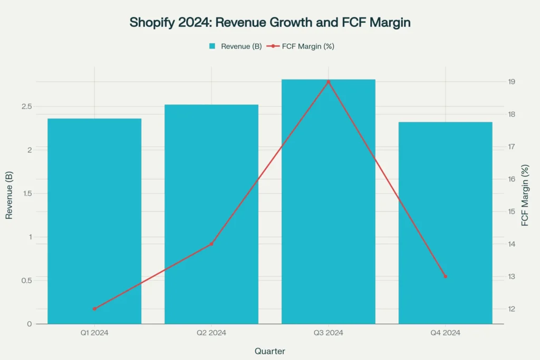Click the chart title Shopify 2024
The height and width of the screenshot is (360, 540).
coord(269,23)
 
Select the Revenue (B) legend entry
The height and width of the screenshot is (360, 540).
coord(235,46)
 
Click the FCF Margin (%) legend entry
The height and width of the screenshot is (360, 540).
coord(301,46)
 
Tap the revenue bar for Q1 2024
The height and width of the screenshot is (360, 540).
coord(94,221)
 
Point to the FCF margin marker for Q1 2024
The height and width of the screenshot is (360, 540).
coord(94,309)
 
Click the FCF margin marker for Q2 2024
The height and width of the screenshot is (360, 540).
coord(211,244)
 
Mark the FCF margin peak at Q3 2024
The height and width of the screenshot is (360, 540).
coord(328,82)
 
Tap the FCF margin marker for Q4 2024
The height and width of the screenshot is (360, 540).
coord(445,276)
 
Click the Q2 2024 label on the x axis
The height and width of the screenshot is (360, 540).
coord(211,333)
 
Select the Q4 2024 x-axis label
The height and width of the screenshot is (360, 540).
coord(445,333)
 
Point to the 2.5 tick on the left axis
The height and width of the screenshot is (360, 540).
coord(26,106)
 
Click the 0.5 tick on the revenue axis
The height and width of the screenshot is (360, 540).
coord(26,280)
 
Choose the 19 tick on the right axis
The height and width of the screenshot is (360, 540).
coord(512,82)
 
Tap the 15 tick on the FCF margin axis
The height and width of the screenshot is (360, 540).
coord(512,212)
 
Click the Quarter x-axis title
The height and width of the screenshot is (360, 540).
coord(270,351)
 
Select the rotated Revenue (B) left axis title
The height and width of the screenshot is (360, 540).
coord(9,196)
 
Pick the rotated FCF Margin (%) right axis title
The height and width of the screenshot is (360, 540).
coord(525,196)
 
